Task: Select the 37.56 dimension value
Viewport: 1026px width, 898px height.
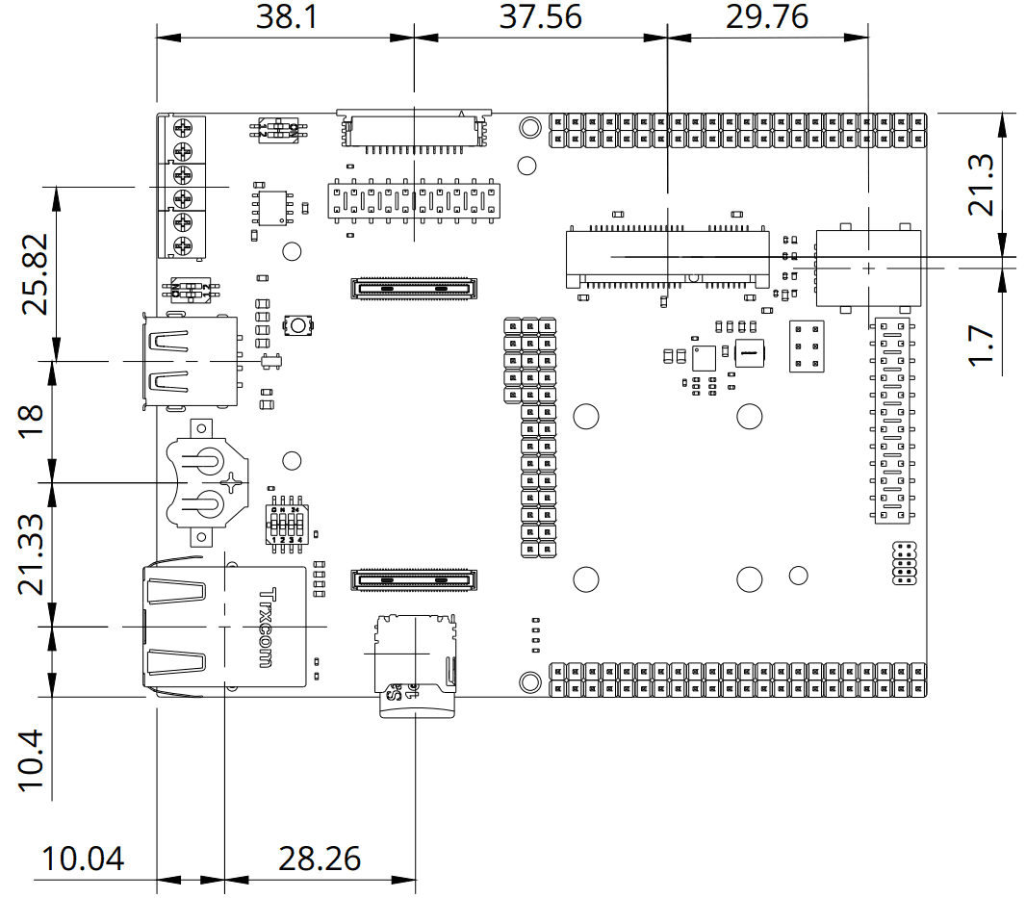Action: pyautogui.click(x=540, y=16)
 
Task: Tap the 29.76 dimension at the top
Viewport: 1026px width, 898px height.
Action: pyautogui.click(x=769, y=16)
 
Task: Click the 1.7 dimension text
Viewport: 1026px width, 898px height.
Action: pyautogui.click(x=983, y=344)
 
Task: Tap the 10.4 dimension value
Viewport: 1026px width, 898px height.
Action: pyautogui.click(x=31, y=759)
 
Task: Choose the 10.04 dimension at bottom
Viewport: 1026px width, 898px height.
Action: pyautogui.click(x=83, y=858)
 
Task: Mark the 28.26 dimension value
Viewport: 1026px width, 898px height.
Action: pyautogui.click(x=320, y=858)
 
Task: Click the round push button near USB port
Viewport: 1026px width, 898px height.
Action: pyautogui.click(x=298, y=326)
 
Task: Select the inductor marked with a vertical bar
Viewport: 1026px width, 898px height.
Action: pyautogui.click(x=748, y=354)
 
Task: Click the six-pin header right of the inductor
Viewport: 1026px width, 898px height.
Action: pyautogui.click(x=805, y=346)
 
